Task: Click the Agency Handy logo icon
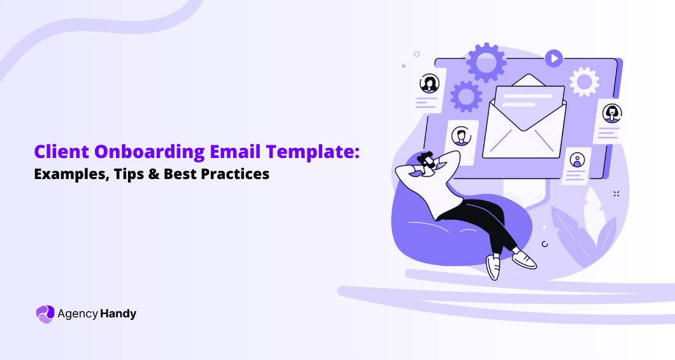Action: [45, 313]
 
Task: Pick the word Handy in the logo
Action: [118, 313]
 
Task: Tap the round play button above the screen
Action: [553, 59]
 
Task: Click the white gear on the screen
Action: [583, 82]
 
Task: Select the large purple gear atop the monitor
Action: [486, 62]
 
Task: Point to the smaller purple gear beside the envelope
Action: [466, 96]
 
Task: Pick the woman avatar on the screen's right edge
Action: [612, 113]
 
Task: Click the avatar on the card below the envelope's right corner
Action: [577, 159]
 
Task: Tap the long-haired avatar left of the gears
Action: [429, 83]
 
